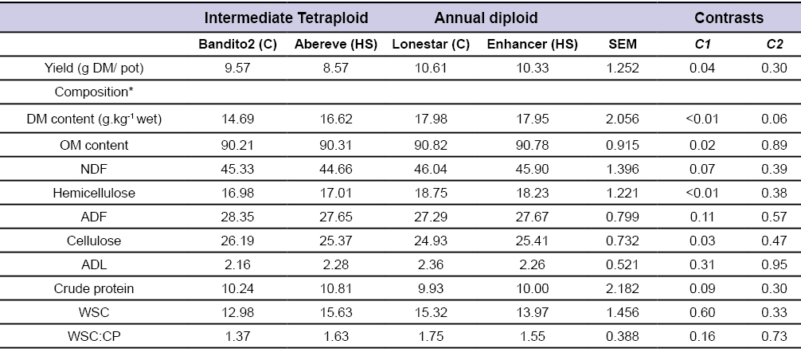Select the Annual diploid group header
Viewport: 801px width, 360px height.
pyautogui.click(x=486, y=18)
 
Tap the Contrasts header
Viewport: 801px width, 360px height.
pyautogui.click(x=729, y=18)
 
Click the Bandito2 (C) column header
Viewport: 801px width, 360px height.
pyautogui.click(x=237, y=44)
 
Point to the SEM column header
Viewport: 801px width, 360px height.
pyautogui.click(x=622, y=44)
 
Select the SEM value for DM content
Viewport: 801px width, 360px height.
pyautogui.click(x=622, y=119)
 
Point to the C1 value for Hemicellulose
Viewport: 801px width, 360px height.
pyautogui.click(x=705, y=192)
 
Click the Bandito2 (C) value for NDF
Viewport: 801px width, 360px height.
pyautogui.click(x=237, y=167)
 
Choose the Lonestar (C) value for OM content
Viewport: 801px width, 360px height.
pyautogui.click(x=431, y=143)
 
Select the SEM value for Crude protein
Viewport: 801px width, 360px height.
pyautogui.click(x=622, y=266)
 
